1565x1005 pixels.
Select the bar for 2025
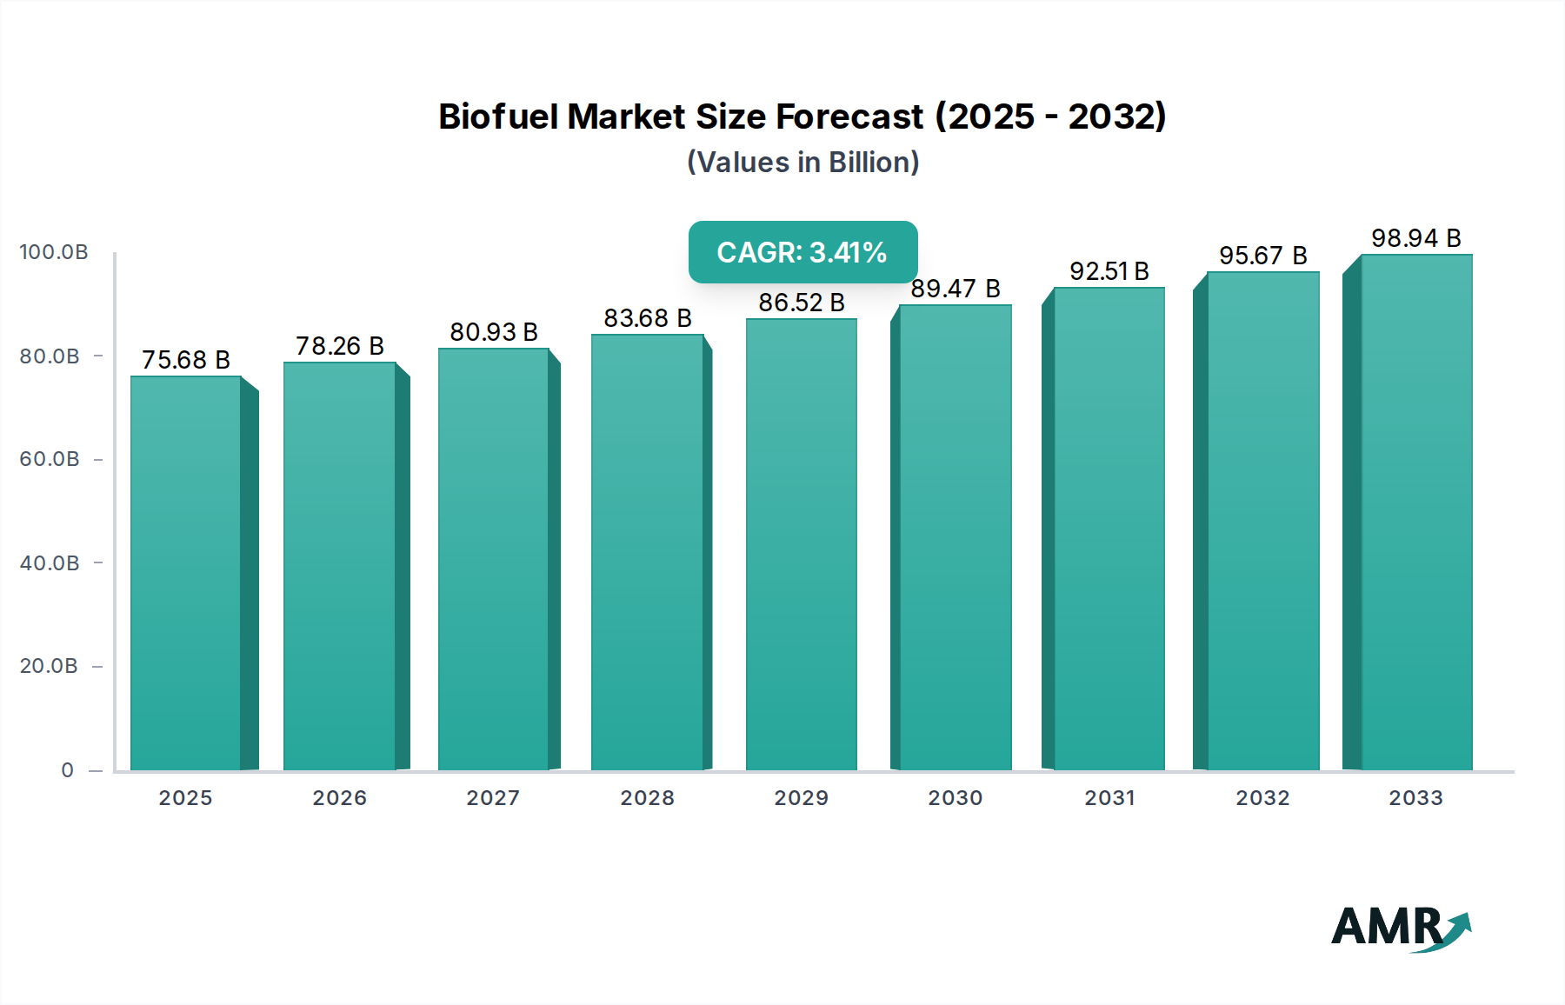click(x=185, y=574)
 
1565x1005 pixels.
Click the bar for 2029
click(x=801, y=545)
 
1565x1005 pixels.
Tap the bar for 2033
click(x=1416, y=513)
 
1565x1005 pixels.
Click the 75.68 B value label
click(x=185, y=360)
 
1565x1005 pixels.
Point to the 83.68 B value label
click(x=648, y=318)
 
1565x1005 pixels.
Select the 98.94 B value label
click(x=1415, y=238)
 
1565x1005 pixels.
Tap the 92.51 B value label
click(x=1109, y=271)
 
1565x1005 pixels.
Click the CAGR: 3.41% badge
click(x=802, y=252)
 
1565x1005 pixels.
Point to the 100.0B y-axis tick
click(x=54, y=252)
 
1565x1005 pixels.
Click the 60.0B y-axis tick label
click(x=50, y=459)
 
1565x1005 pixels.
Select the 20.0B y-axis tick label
click(x=50, y=666)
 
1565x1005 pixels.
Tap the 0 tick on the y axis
click(x=68, y=770)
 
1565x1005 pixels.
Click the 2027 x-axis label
click(x=493, y=798)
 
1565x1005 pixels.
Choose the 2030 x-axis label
click(x=955, y=798)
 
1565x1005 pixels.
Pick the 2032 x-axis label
click(x=1262, y=798)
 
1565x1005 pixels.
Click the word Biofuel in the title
click(x=497, y=116)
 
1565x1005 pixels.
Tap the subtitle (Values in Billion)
click(x=802, y=163)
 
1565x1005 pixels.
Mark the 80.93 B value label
click(x=493, y=332)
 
